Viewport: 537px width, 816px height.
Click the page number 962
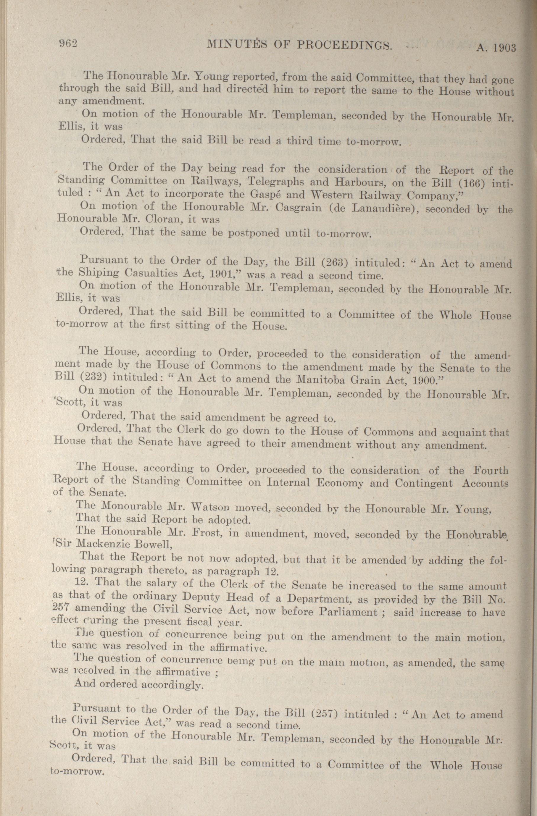69,43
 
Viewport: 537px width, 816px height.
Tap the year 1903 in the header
504,47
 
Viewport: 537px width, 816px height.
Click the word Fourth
490,470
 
